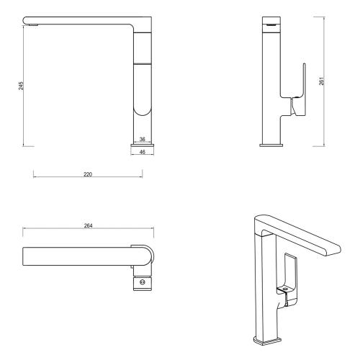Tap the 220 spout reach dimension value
click(88, 175)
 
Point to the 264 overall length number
click(87, 225)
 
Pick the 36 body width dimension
click(142, 139)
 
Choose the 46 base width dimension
click(142, 153)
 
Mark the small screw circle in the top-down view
click(143, 283)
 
